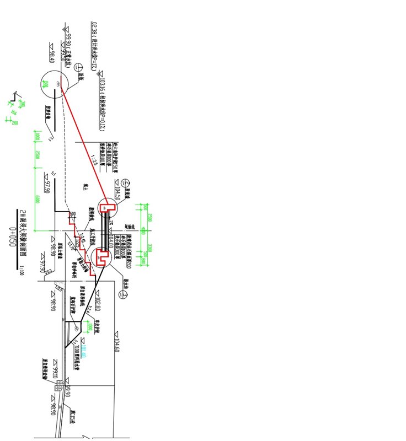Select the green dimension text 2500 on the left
point(36,156)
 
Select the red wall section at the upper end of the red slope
point(108,207)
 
